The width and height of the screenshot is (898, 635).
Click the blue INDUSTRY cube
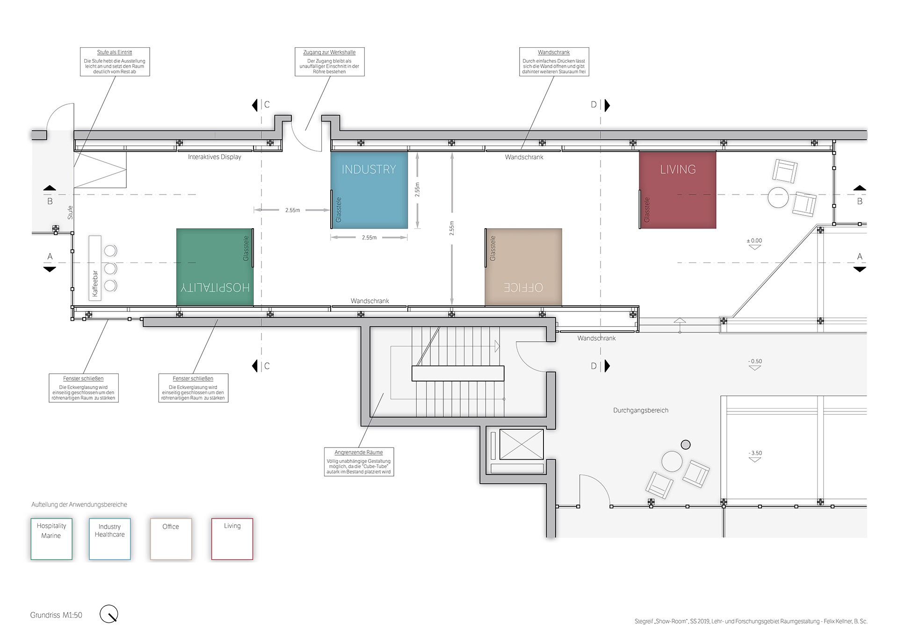pos(369,190)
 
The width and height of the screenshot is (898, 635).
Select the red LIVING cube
pos(678,190)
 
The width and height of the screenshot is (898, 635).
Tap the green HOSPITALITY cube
pos(215,267)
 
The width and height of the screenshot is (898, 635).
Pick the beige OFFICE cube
pos(523,267)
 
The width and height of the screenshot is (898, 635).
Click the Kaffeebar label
pos(95,284)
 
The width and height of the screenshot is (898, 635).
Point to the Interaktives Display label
pos(215,157)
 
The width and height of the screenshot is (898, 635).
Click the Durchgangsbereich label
pos(641,411)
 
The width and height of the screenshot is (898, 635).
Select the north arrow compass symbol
pos(109,614)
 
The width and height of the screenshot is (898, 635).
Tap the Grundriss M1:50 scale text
pos(56,615)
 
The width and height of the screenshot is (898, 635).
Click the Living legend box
pos(232,539)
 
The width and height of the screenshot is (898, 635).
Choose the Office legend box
pos(171,539)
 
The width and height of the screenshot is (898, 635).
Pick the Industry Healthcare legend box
pos(110,539)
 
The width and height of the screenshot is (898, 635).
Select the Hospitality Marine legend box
pos(51,539)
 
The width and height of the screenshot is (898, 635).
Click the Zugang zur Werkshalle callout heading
pos(330,52)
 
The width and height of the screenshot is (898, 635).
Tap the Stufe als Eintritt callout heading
pos(115,52)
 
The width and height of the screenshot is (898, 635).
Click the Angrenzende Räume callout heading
pos(359,453)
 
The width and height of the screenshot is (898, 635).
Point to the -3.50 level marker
pos(755,456)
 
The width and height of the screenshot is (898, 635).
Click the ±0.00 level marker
pos(754,244)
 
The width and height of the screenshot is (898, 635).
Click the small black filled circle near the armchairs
pos(686,445)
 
